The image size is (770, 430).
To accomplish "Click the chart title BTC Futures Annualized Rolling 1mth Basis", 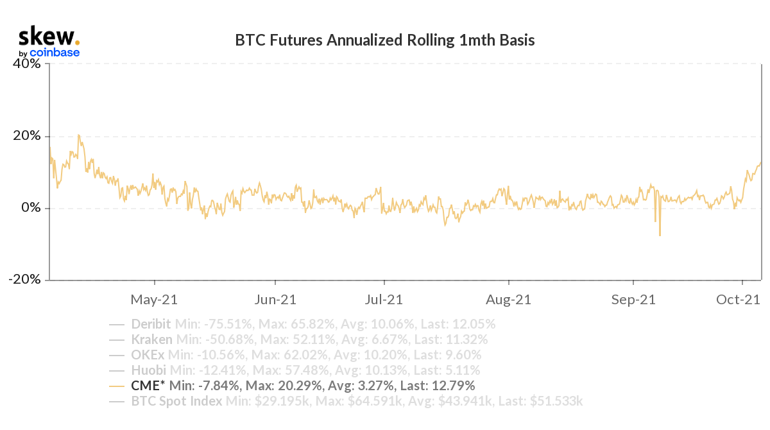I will click(x=385, y=40).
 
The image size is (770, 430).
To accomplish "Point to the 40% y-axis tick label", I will click(x=27, y=64).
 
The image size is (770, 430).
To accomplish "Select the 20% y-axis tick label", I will click(x=27, y=136).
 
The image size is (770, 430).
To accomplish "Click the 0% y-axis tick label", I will click(x=31, y=208).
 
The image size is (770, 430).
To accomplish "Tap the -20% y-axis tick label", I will click(x=25, y=280).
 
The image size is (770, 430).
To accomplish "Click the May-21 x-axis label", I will click(x=154, y=299).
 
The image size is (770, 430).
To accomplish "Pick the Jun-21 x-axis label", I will click(x=275, y=299).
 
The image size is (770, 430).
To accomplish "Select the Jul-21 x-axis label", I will click(x=384, y=299).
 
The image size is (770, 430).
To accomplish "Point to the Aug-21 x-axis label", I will click(x=509, y=299).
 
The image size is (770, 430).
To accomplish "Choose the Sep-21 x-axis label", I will click(x=633, y=299).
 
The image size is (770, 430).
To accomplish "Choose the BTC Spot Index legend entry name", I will click(x=176, y=401).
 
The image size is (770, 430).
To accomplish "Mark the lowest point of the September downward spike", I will click(x=660, y=236).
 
